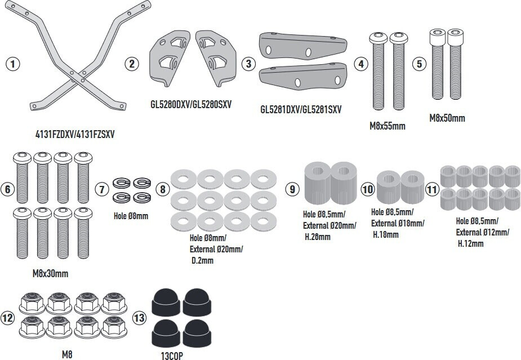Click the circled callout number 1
point(12,64)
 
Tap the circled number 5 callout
point(419,64)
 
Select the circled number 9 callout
point(292,189)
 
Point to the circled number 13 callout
point(140,317)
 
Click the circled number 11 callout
point(432,189)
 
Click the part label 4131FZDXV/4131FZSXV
point(75,134)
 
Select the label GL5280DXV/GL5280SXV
point(191,104)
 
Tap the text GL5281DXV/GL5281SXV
point(301,109)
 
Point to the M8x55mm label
point(388,126)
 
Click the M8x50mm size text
point(447,118)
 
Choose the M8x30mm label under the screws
point(50,274)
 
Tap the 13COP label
point(172,356)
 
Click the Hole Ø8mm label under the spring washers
point(131,216)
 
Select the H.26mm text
point(318,237)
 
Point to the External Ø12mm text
point(483,232)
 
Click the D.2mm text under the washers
point(202,261)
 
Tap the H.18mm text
point(386,235)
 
